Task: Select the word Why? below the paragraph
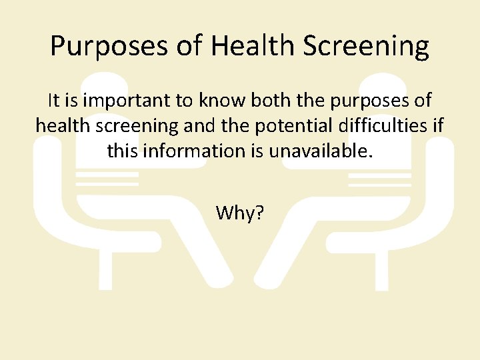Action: [x=240, y=213]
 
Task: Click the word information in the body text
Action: [x=202, y=151]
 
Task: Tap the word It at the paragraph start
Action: [x=55, y=101]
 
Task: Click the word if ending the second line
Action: [x=438, y=125]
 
